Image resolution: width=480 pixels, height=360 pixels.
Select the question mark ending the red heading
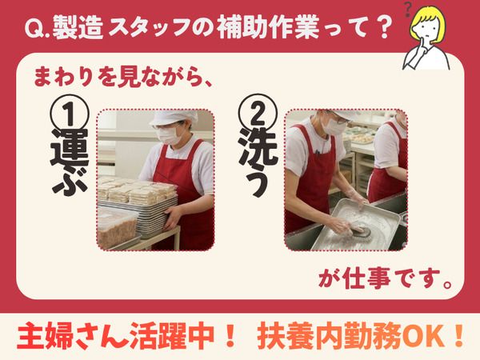point(382,27)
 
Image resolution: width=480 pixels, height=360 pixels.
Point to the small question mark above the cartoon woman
point(407,9)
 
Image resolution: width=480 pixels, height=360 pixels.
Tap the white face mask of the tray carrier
point(170,134)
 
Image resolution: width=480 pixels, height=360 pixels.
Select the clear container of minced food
point(116,226)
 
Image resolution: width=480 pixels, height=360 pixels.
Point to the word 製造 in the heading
point(77,27)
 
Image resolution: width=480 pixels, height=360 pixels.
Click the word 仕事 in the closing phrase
point(367,278)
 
